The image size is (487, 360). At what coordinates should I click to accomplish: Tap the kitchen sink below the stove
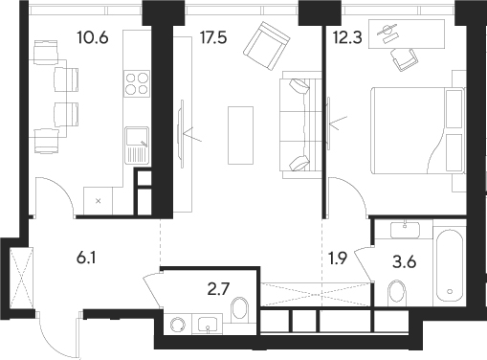137,146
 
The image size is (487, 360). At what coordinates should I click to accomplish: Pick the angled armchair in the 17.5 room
266,43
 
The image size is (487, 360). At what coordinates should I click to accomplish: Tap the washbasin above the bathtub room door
405,229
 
